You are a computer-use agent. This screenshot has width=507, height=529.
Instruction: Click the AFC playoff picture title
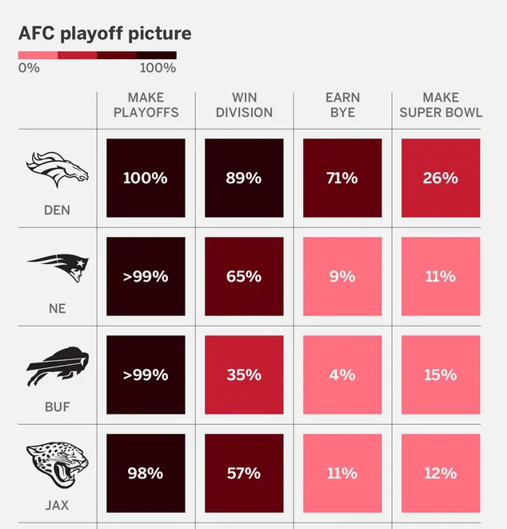(105, 34)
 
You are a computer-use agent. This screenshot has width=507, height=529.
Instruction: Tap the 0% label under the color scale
(29, 68)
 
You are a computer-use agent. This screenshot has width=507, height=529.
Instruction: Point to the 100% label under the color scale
(158, 68)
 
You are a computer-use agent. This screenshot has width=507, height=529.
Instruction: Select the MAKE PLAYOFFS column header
(146, 106)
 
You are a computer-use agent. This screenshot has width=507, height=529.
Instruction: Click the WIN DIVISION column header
(244, 106)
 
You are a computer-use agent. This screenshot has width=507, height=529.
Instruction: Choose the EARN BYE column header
(342, 106)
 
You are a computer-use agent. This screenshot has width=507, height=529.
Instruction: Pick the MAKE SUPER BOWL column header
(441, 106)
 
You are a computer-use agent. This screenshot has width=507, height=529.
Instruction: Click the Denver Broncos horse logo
(57, 169)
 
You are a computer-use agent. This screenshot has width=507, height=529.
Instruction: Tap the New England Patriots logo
(57, 268)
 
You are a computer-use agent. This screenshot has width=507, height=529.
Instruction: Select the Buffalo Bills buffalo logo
(57, 367)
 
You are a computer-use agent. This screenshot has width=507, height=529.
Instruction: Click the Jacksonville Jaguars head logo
(57, 465)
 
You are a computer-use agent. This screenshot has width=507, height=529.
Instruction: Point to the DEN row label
(57, 210)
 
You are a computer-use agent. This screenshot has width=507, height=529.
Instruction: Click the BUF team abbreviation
(57, 407)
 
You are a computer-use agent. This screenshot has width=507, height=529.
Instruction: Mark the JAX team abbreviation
(57, 506)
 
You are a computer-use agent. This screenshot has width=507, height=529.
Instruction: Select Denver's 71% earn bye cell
(342, 178)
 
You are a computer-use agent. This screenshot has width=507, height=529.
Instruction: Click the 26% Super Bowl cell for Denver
(441, 178)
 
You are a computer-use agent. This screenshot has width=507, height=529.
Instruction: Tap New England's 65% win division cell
(244, 276)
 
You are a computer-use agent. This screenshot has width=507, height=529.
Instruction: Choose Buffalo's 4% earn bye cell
(342, 375)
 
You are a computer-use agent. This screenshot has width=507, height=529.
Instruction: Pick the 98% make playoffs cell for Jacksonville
(146, 473)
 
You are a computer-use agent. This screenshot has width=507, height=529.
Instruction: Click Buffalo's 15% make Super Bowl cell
(441, 375)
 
